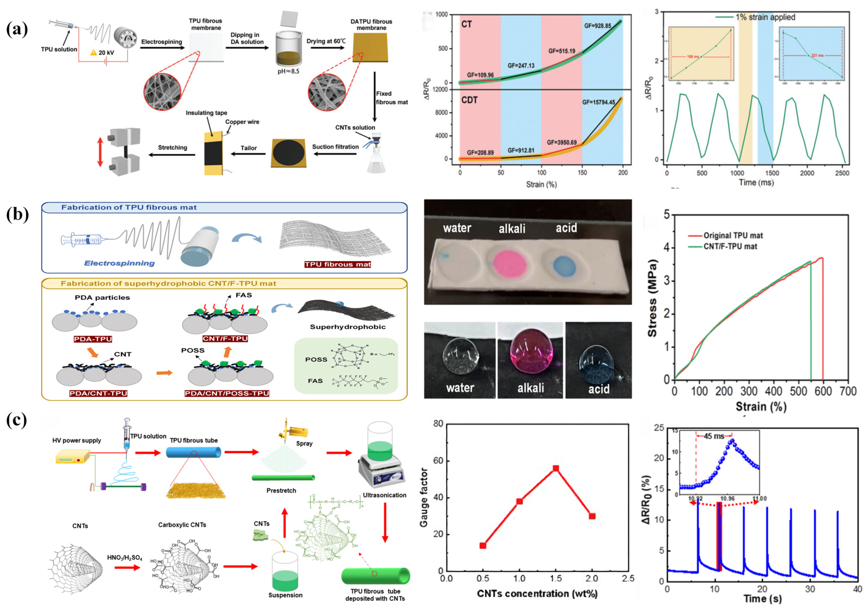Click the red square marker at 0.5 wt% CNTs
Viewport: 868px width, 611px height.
[x=483, y=546]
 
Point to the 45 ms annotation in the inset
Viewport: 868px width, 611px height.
[x=714, y=436]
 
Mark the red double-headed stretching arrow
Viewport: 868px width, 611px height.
[x=100, y=152]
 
